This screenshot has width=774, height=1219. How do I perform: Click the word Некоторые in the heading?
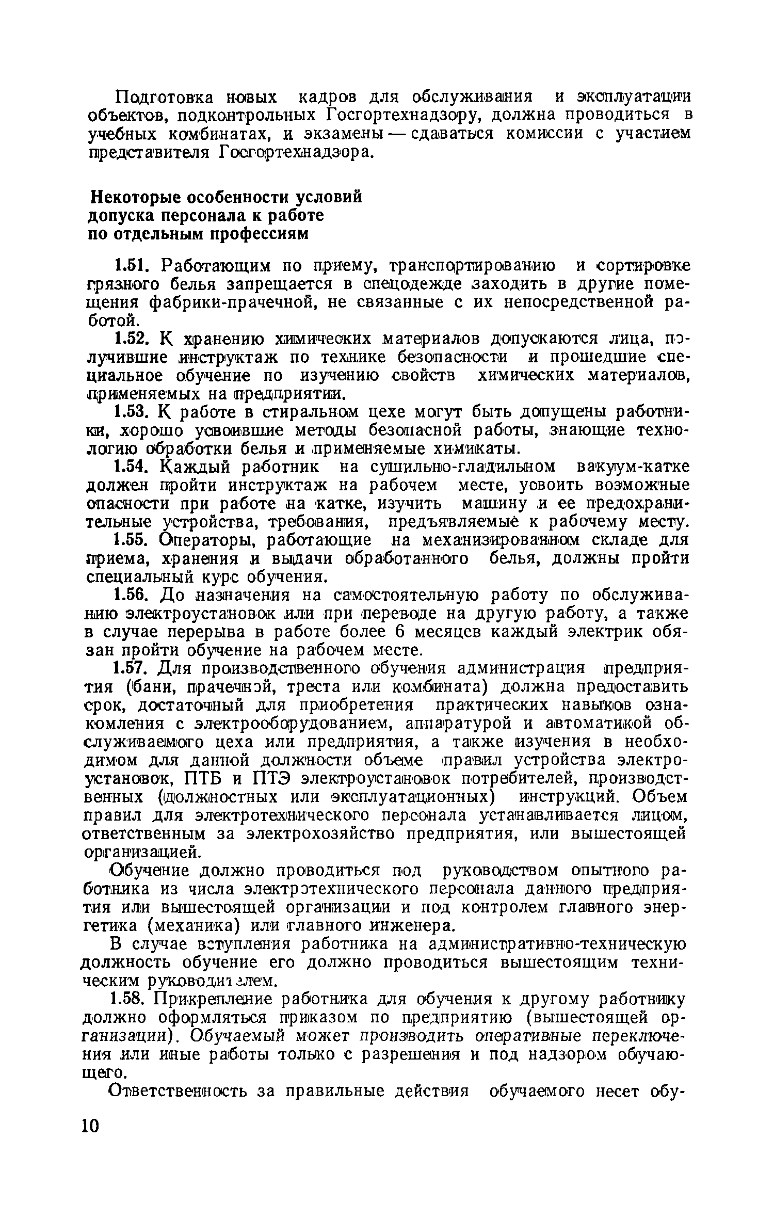coord(135,197)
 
